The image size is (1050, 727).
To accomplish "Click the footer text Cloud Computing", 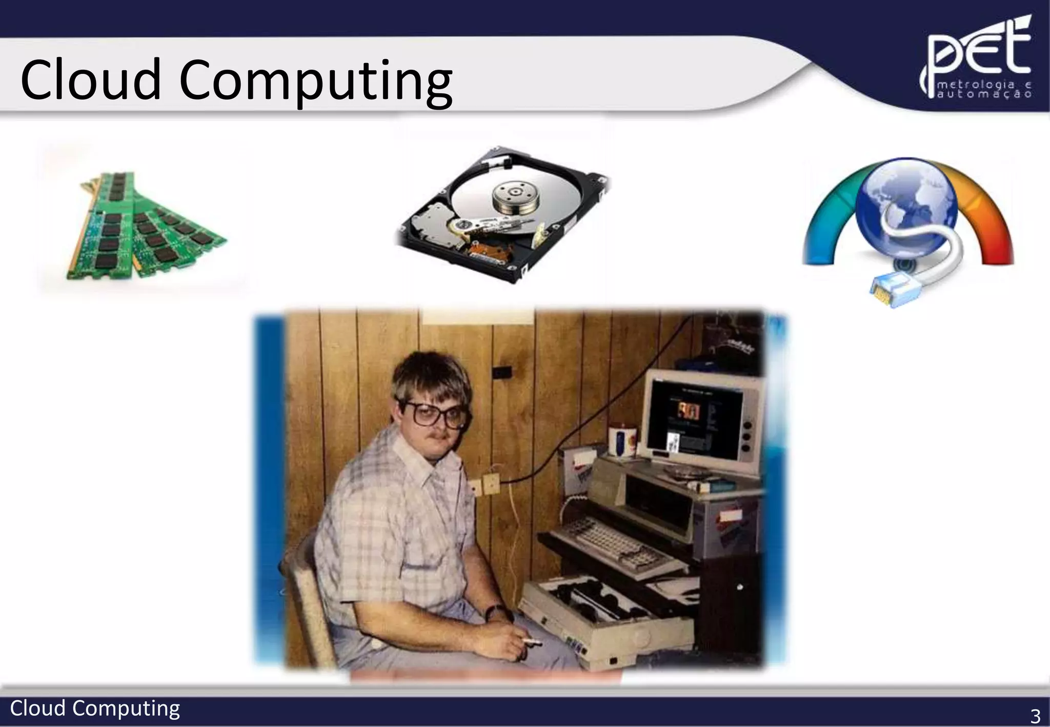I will click(95, 709).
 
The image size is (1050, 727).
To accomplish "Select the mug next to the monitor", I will click(621, 441).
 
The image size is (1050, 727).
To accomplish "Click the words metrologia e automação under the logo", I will click(984, 90).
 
